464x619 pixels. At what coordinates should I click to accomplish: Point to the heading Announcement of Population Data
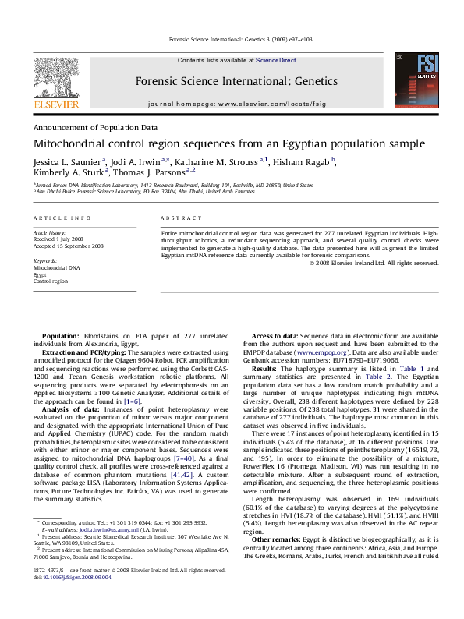point(94,126)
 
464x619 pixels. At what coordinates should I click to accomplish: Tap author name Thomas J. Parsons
point(148,172)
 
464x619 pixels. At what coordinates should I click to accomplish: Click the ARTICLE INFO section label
point(62,218)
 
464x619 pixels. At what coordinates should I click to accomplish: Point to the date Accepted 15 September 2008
point(68,246)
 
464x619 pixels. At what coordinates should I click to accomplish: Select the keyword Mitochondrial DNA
point(56,267)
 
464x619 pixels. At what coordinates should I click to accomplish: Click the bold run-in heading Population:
point(60,334)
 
